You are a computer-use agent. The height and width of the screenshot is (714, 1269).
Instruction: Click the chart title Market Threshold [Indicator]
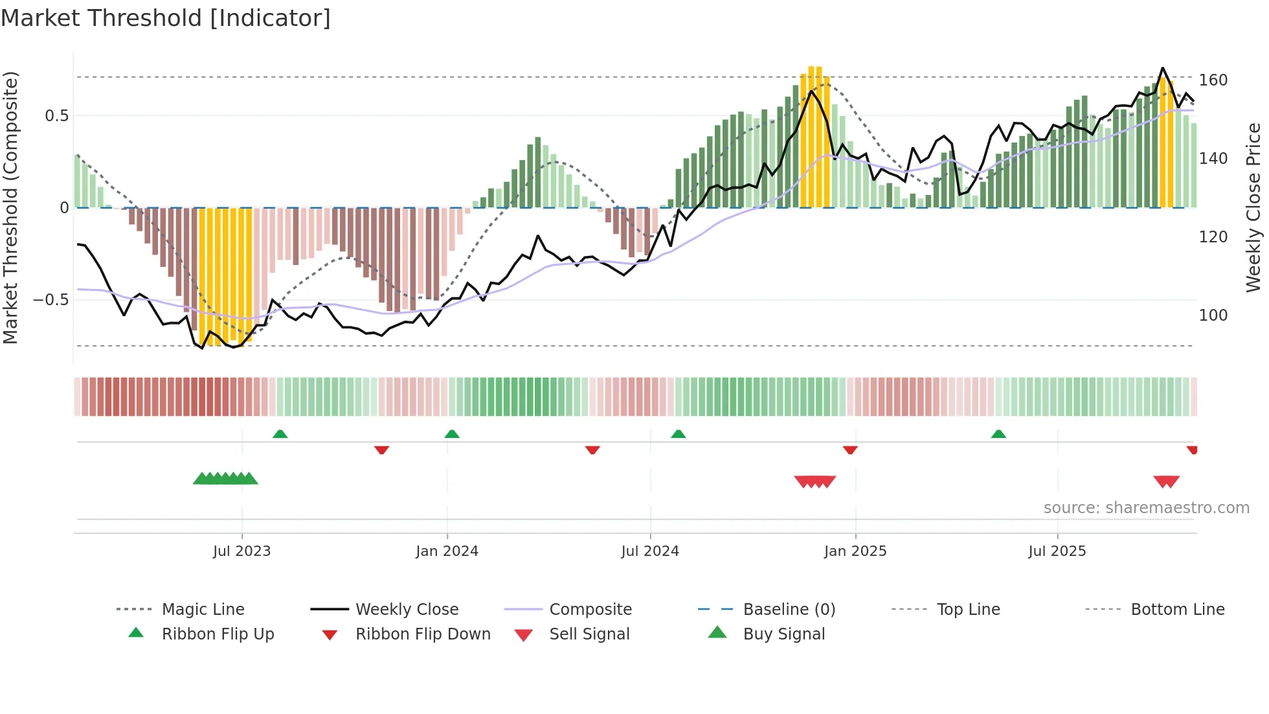tap(166, 18)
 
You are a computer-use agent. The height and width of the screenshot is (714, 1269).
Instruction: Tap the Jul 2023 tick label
tap(241, 551)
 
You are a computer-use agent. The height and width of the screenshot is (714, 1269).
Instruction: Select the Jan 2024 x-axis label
tap(447, 551)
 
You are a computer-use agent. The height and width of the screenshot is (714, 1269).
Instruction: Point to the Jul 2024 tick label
tap(650, 551)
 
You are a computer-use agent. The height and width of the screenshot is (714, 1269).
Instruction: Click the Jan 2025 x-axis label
tap(855, 551)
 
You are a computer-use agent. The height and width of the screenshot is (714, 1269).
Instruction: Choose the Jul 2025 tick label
tap(1057, 551)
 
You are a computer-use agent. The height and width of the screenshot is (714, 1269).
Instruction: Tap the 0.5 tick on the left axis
tap(56, 116)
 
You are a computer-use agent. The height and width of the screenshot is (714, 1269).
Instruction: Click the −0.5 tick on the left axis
tap(51, 300)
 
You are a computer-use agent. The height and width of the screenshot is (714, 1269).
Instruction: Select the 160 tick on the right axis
tap(1213, 80)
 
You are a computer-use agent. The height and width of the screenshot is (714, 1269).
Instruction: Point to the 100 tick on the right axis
tap(1213, 316)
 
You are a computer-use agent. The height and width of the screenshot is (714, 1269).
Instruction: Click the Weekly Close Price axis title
tap(1253, 207)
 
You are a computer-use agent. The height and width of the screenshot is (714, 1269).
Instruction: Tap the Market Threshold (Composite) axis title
tap(10, 207)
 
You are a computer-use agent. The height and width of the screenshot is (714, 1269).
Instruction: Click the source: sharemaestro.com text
tap(1146, 508)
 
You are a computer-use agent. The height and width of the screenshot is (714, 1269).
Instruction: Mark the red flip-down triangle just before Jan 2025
tap(850, 450)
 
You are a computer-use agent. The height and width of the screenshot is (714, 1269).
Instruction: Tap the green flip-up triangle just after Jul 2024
tap(678, 434)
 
